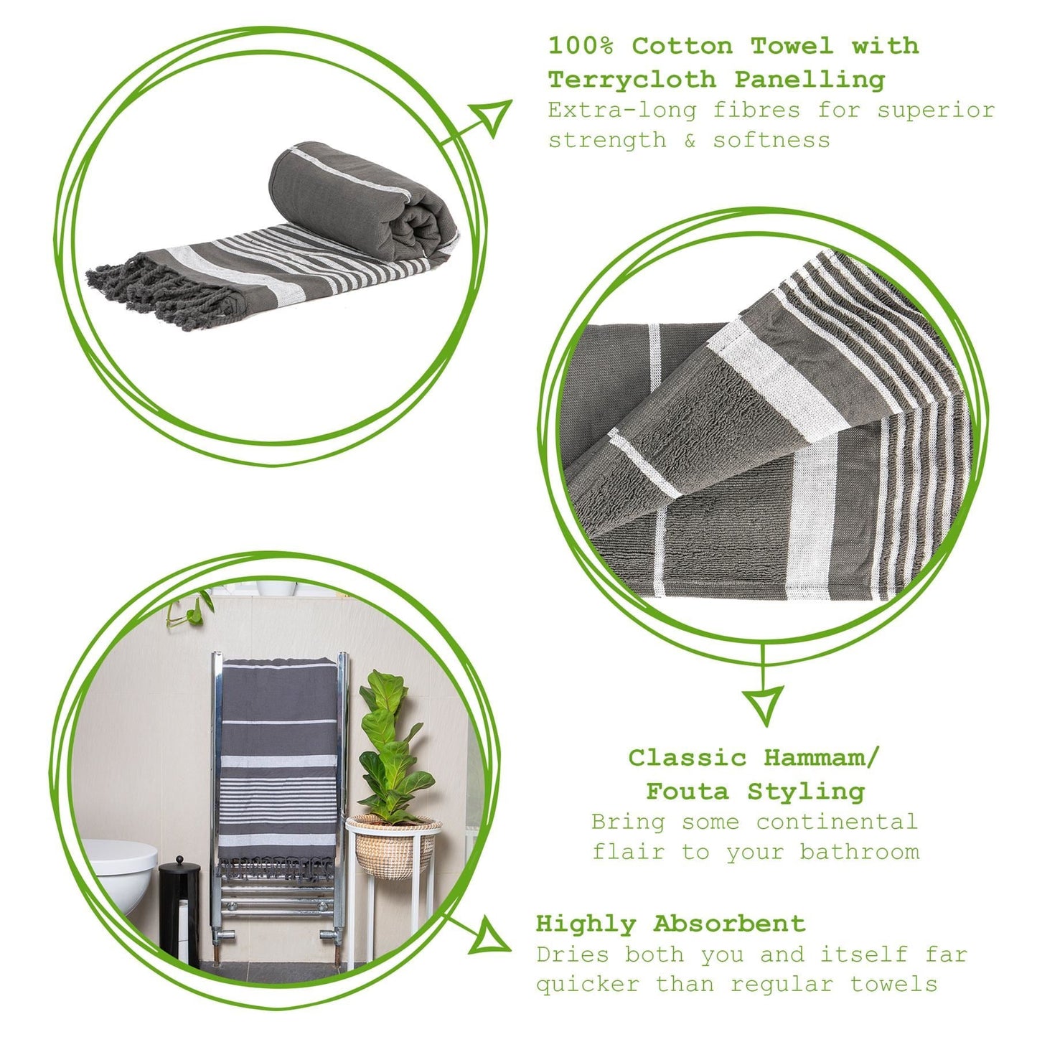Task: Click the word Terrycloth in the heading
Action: (x=632, y=79)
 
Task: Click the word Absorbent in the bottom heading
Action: (x=729, y=924)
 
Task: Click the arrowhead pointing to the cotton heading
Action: (x=493, y=116)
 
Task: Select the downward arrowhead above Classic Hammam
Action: (x=762, y=704)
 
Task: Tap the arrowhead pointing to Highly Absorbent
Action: (x=492, y=938)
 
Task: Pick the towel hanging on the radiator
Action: (x=278, y=761)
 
